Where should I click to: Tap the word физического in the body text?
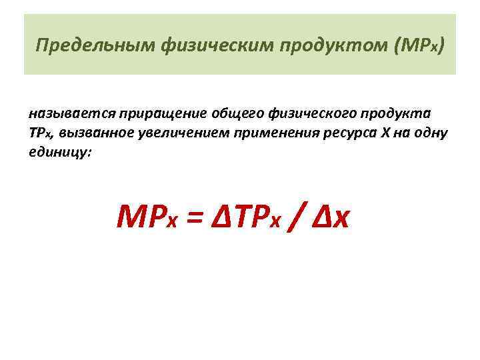click(x=311, y=111)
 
